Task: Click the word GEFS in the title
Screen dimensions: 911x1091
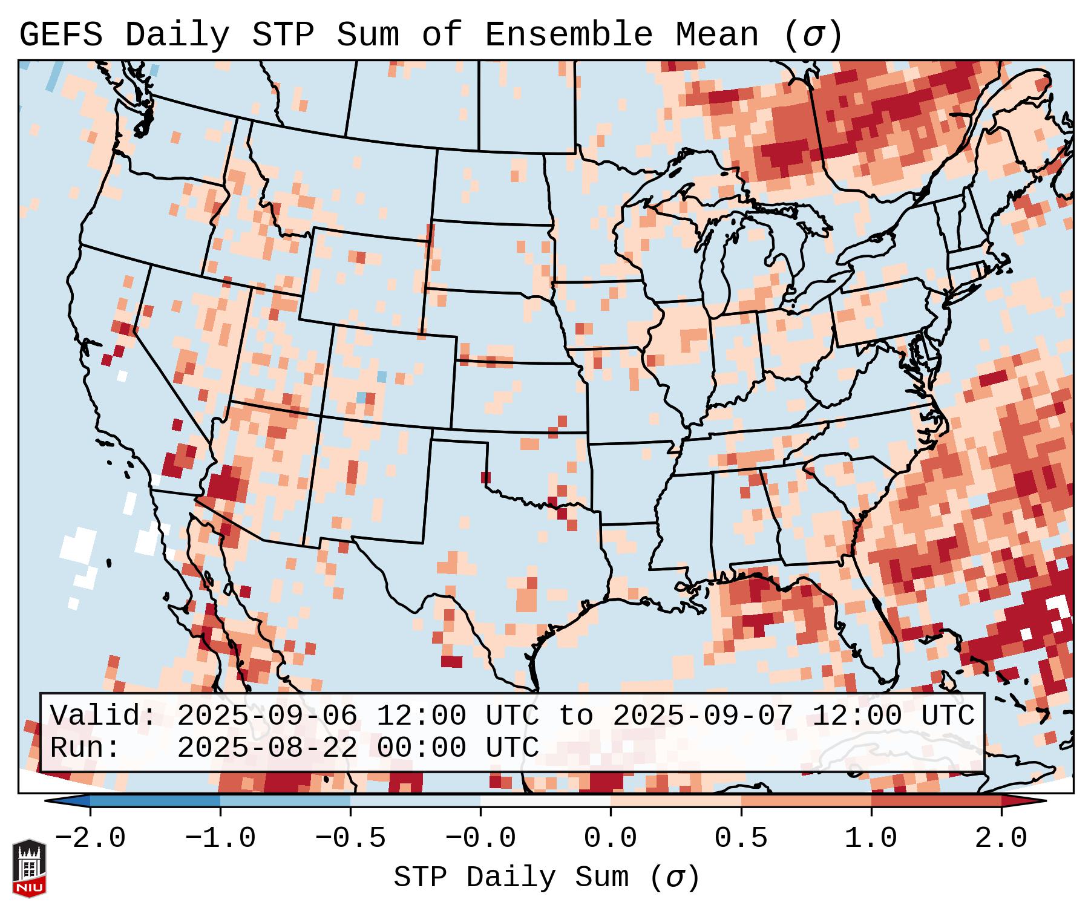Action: click(61, 35)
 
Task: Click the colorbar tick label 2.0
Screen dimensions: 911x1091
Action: click(1001, 838)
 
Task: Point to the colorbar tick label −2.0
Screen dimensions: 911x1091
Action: click(90, 838)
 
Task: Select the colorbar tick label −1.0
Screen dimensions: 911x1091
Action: click(220, 838)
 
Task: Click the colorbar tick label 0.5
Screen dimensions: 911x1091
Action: click(741, 838)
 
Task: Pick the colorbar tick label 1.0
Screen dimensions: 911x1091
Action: click(871, 838)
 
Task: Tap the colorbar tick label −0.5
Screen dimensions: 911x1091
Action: click(350, 838)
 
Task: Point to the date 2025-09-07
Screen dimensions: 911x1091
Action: click(703, 716)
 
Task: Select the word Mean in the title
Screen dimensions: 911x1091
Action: click(717, 35)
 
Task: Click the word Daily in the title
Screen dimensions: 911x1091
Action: click(177, 35)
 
